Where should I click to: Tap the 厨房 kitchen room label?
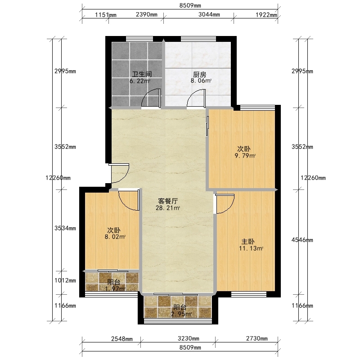199,75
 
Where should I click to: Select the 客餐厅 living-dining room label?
168,201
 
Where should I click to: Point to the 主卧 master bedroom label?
248,242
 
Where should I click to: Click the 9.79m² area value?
245,156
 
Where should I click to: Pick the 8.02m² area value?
115,237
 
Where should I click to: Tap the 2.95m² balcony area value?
181,314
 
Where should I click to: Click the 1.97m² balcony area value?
115,288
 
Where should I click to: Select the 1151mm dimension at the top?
106,15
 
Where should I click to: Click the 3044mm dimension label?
209,15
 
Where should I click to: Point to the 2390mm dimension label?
147,15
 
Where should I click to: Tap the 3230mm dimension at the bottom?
189,338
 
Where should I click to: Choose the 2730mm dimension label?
256,338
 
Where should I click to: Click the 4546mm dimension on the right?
302,240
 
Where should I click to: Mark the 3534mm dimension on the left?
65,228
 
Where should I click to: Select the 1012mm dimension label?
65,280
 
